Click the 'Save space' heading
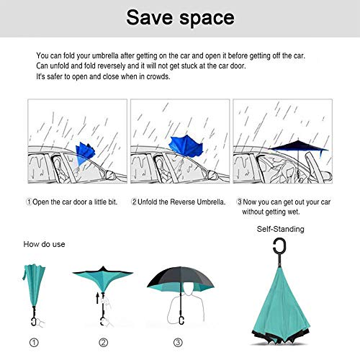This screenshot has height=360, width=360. tap(179, 17)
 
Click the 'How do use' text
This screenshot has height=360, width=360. tap(45, 244)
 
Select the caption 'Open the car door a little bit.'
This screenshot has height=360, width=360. tap(72, 202)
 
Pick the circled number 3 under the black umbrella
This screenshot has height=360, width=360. tap(177, 343)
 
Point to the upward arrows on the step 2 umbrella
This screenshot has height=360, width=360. tap(99, 296)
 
